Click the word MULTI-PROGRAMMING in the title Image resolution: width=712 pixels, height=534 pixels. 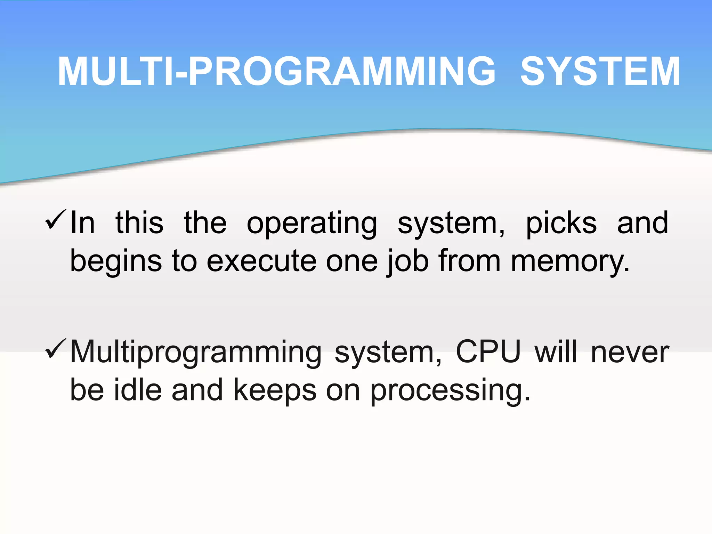click(x=276, y=72)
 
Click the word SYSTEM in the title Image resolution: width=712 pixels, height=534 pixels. click(x=600, y=72)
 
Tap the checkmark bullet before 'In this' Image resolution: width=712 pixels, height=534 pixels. click(x=55, y=219)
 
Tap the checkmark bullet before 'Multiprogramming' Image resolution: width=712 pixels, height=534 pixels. click(x=55, y=348)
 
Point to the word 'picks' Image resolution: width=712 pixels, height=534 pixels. click(x=561, y=224)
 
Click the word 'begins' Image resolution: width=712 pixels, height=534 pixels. click(x=116, y=262)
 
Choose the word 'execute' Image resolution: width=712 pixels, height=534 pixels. click(x=261, y=261)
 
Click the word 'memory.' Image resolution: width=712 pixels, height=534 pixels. click(x=570, y=262)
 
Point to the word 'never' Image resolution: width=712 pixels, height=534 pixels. click(x=630, y=353)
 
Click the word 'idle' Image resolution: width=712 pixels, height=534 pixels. click(x=138, y=390)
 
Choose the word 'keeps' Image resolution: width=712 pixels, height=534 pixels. click(x=275, y=390)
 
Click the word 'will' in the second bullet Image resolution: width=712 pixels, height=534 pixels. click(x=556, y=352)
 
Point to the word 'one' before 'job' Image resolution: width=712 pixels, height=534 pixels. click(x=351, y=262)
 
